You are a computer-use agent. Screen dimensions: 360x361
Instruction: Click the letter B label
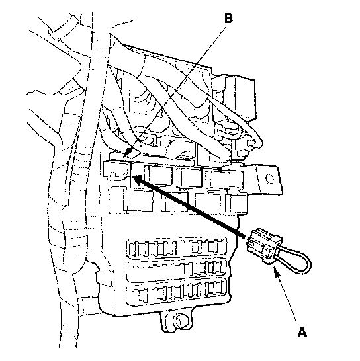228,19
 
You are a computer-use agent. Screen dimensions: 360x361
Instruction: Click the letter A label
302,331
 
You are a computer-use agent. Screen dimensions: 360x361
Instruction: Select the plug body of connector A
264,246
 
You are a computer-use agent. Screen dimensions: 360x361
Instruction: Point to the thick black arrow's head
137,179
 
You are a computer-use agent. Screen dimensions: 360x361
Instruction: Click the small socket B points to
117,170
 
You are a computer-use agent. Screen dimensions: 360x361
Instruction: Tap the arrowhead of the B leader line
127,153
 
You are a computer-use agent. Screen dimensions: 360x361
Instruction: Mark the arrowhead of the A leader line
277,272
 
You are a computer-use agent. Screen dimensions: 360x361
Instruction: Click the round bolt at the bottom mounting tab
181,320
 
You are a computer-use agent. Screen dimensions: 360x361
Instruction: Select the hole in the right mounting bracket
269,179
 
